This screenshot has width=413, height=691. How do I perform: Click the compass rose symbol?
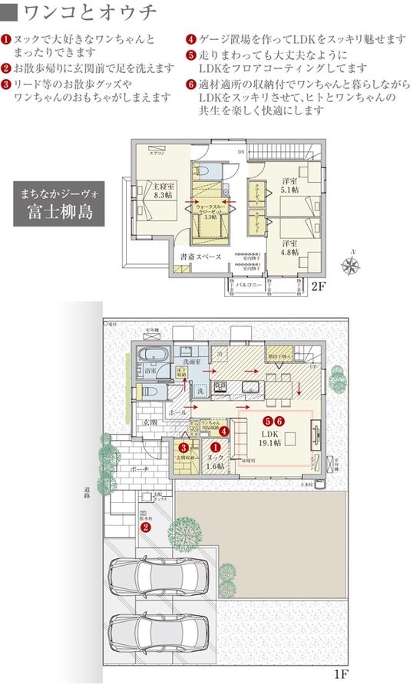pyautogui.click(x=352, y=265)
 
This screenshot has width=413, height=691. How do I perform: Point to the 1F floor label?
pyautogui.click(x=342, y=676)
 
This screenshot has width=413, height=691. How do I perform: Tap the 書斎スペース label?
pyautogui.click(x=200, y=257)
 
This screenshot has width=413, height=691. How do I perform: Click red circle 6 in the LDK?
pyautogui.click(x=280, y=421)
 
